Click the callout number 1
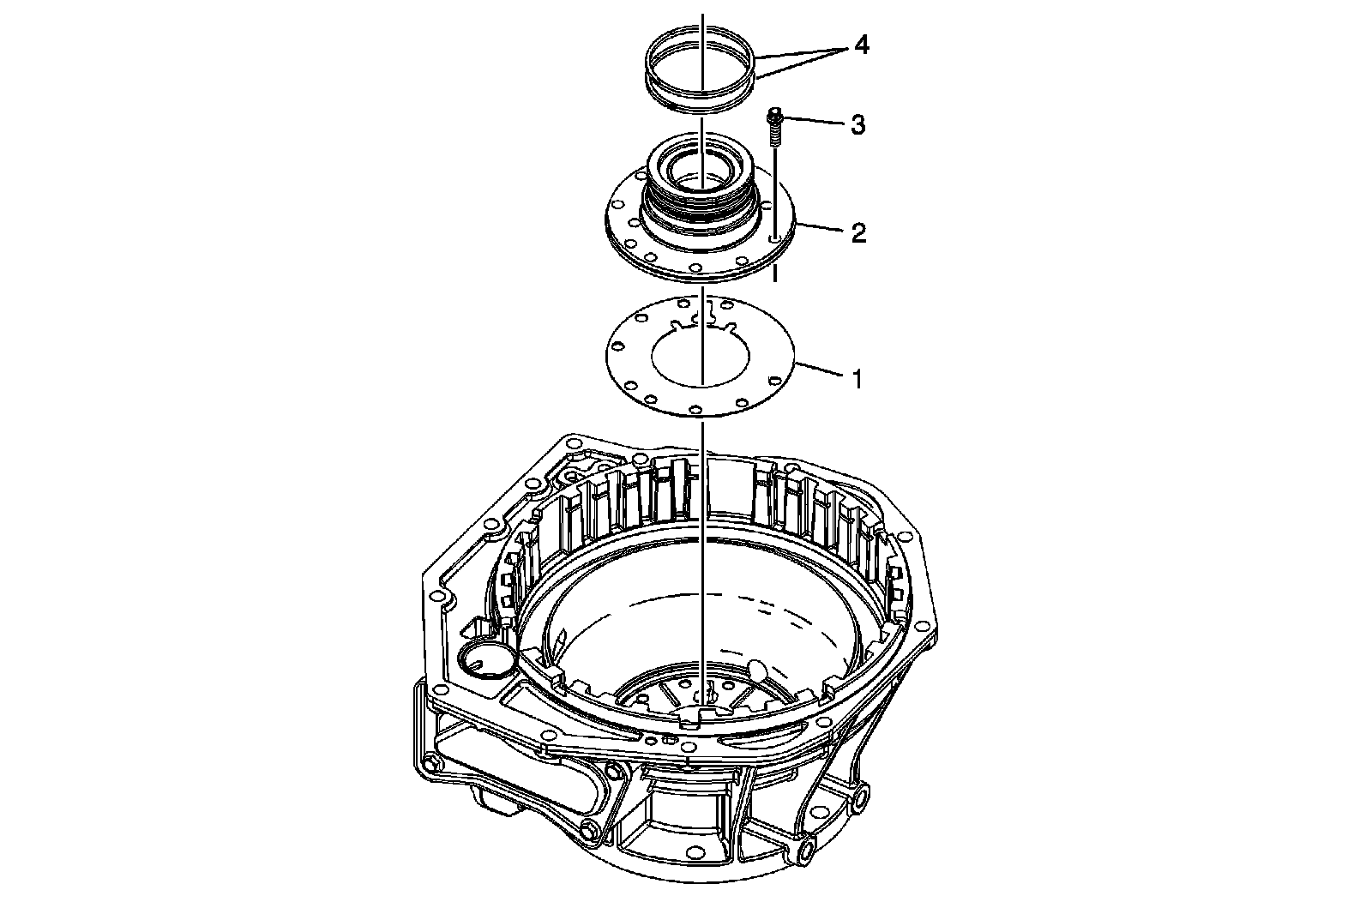click(857, 379)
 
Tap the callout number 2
click(858, 233)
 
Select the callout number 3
click(857, 125)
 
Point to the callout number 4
click(861, 45)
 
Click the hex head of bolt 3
click(775, 114)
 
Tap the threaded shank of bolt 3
click(775, 134)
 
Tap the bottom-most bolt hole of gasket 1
click(695, 408)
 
